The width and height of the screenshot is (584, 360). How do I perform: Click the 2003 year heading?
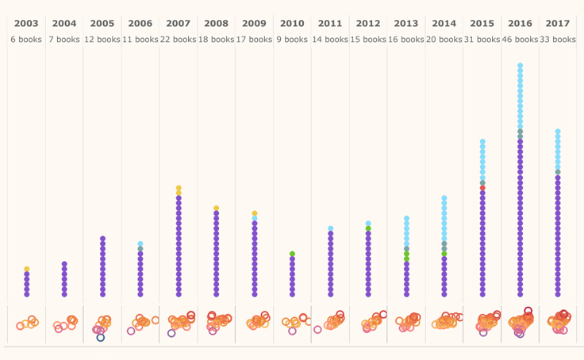click(26, 24)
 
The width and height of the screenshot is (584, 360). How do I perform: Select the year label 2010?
click(292, 24)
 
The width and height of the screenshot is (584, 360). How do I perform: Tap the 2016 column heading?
click(520, 24)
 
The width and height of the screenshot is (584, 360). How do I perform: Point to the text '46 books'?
click(520, 39)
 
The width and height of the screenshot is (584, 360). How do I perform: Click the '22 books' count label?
click(178, 39)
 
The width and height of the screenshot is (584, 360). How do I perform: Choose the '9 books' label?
click(292, 39)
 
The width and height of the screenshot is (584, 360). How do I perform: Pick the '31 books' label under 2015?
click(482, 39)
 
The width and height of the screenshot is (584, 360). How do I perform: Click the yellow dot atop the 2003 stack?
click(27, 270)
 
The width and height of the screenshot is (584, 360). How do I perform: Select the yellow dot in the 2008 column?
click(216, 209)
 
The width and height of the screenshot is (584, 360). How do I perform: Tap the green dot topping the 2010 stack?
click(292, 255)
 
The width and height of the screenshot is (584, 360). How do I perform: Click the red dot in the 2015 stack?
click(482, 189)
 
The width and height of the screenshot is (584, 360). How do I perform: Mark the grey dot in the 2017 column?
click(558, 172)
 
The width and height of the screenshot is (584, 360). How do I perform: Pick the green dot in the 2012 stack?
click(368, 229)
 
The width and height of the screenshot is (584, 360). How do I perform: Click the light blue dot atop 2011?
click(331, 229)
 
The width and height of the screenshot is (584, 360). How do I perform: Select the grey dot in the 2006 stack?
click(140, 249)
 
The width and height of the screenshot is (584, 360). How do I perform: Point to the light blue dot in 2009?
click(255, 219)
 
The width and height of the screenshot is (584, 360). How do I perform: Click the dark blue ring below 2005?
click(101, 338)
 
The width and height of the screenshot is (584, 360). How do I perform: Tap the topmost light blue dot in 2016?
click(521, 66)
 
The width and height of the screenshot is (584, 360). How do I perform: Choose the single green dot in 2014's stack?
click(444, 255)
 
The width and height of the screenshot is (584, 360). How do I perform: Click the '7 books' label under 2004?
click(64, 39)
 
